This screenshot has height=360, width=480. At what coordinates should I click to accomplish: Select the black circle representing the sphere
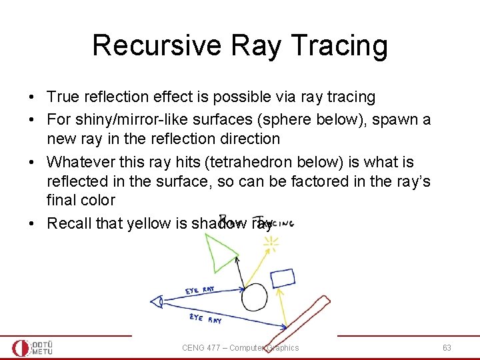pos(254,296)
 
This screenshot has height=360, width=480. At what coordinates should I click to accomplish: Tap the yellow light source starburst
pos(271,244)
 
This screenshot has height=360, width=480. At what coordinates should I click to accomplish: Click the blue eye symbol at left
pos(157,301)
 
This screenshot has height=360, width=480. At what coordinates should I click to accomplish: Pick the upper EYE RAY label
pos(200,291)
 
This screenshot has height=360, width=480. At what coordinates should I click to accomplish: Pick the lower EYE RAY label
pos(205,319)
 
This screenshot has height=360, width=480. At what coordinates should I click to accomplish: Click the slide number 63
pos(446,348)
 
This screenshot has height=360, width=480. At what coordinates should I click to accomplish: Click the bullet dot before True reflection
pos(32,97)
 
